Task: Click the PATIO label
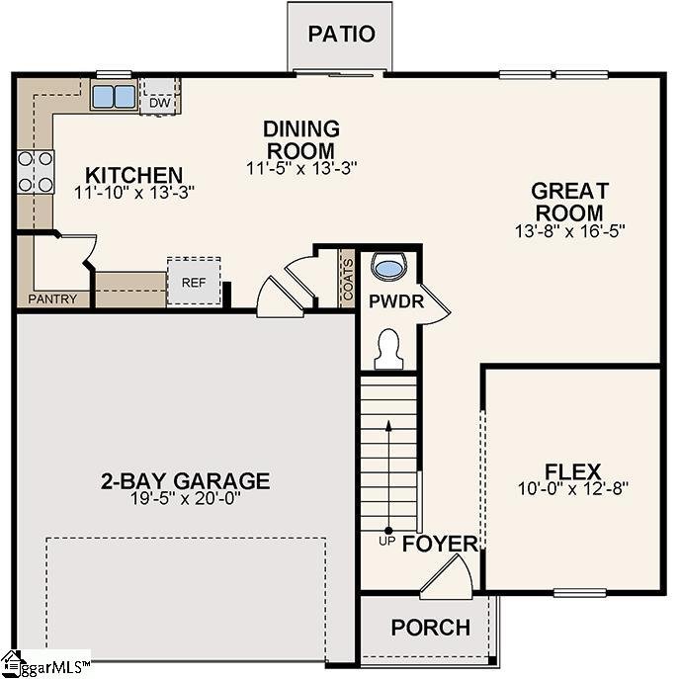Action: pos(341,34)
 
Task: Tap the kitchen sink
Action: pos(114,96)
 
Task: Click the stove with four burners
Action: pos(35,172)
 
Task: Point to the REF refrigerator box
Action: pos(193,280)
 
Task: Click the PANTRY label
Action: pos(52,298)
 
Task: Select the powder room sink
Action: pos(390,267)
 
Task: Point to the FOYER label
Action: pos(440,545)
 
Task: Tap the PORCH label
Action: pos(430,629)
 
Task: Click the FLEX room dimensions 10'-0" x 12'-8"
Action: pos(573,487)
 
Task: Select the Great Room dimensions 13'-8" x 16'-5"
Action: pos(569,229)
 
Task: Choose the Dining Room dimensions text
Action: pos(300,168)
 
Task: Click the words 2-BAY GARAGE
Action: pos(185,481)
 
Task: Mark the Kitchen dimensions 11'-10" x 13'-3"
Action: pos(133,193)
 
